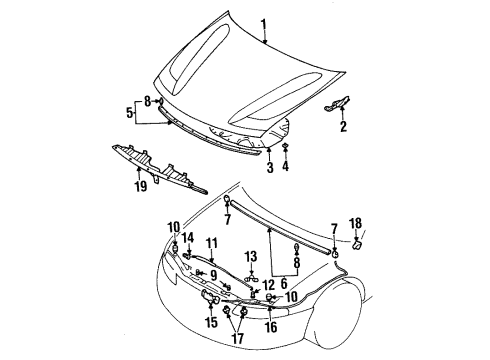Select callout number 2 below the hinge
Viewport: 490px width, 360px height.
343,127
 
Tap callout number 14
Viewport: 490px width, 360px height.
186,265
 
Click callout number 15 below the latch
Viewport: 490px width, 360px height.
210,322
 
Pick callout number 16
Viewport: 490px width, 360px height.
272,326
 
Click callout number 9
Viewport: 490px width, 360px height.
213,275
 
